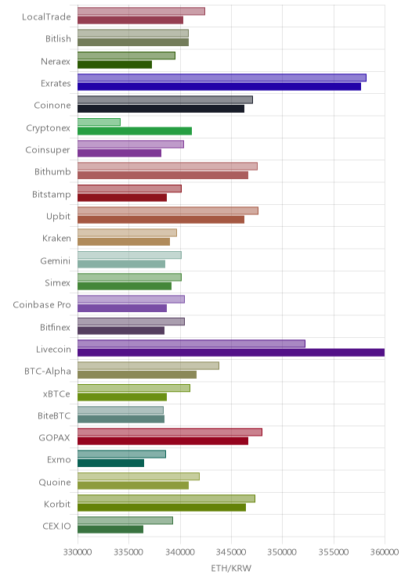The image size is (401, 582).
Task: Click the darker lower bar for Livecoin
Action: (x=231, y=353)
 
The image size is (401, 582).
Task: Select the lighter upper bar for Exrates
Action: (x=222, y=77)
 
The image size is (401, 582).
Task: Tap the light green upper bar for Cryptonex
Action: (x=99, y=122)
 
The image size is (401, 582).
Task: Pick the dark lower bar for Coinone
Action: (x=161, y=109)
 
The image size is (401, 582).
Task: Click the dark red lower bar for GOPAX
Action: (x=163, y=441)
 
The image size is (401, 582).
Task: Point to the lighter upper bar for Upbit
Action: (x=168, y=211)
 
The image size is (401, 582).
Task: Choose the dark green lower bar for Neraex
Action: (x=114, y=65)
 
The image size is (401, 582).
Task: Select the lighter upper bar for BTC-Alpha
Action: (x=148, y=365)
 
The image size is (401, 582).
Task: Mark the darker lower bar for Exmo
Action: (x=110, y=463)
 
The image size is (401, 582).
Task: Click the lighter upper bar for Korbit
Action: (x=166, y=498)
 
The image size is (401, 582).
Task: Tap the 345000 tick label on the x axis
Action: (x=231, y=552)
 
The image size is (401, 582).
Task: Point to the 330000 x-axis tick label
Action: (x=78, y=552)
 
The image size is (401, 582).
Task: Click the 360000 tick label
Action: (x=385, y=552)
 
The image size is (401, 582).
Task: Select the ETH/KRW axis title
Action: (x=231, y=568)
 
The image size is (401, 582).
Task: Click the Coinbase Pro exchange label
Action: (x=42, y=305)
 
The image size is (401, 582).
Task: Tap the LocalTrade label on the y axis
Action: (x=46, y=16)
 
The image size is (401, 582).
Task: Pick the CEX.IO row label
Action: (x=56, y=526)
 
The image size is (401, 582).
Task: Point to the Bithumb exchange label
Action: (x=52, y=171)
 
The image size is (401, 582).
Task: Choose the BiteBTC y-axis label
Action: (x=54, y=415)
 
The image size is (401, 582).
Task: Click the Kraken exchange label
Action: (x=56, y=239)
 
